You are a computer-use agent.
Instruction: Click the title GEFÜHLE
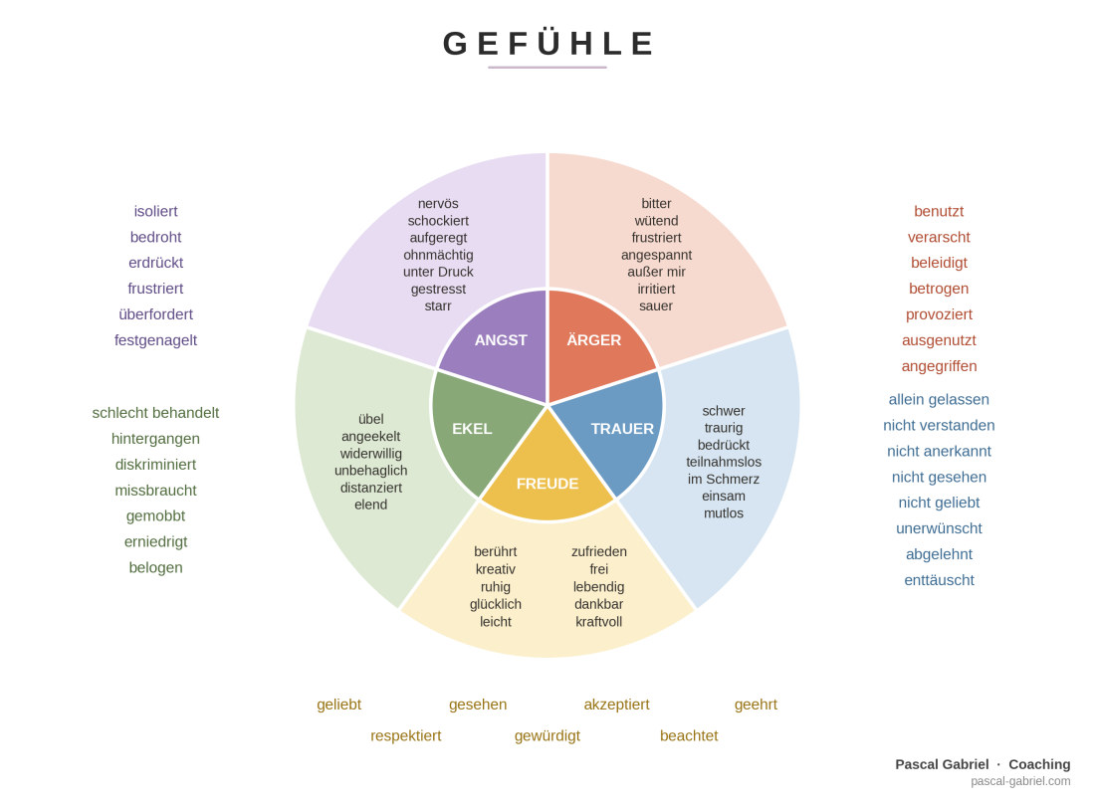[x=547, y=42]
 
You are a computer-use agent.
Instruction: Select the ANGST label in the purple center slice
[x=501, y=340]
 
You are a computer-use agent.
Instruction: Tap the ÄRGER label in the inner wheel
[x=593, y=339]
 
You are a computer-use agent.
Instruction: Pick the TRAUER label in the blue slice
[x=622, y=429]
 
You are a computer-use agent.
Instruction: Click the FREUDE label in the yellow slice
[x=547, y=484]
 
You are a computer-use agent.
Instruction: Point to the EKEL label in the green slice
[x=472, y=429]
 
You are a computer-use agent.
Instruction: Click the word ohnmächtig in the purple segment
[x=438, y=255]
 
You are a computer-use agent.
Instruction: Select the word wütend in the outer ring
[x=656, y=221]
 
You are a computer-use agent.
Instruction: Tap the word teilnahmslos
[x=724, y=462]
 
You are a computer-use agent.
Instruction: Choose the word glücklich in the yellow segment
[x=495, y=604]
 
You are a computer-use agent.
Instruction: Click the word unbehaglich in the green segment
[x=371, y=471]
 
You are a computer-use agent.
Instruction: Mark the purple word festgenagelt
[x=155, y=340]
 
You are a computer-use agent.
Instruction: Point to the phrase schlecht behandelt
[x=155, y=413]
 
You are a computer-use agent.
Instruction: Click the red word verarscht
[x=939, y=237]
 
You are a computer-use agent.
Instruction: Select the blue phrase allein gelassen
[x=939, y=399]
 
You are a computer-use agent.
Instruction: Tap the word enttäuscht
[x=939, y=580]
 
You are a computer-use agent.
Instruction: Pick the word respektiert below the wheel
[x=406, y=735]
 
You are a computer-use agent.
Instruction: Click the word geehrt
[x=756, y=705]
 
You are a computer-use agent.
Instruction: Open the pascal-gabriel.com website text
[x=1020, y=781]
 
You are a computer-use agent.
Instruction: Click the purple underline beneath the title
[x=547, y=68]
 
